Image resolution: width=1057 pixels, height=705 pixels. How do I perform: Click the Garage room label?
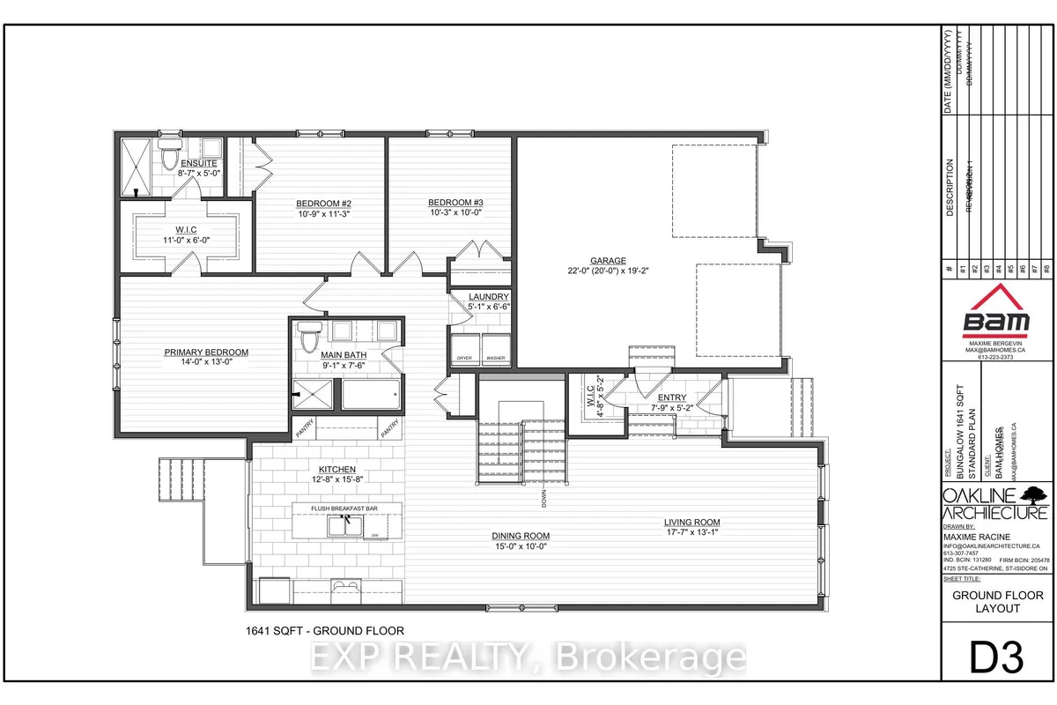[608, 261]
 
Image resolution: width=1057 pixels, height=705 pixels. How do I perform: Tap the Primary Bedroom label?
[206, 352]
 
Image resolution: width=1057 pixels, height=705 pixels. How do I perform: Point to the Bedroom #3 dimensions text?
[455, 212]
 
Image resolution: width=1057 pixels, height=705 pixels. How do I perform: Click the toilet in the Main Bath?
[308, 336]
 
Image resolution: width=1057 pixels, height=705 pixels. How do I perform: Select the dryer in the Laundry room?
[464, 346]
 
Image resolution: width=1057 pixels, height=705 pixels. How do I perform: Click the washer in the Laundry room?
[495, 346]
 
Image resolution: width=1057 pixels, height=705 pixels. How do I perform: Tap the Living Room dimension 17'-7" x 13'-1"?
[692, 532]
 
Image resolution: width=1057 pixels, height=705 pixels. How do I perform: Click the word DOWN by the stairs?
[546, 499]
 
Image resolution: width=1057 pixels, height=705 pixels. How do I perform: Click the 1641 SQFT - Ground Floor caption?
[324, 629]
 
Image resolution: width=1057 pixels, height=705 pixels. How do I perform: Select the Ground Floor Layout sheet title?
[998, 602]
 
